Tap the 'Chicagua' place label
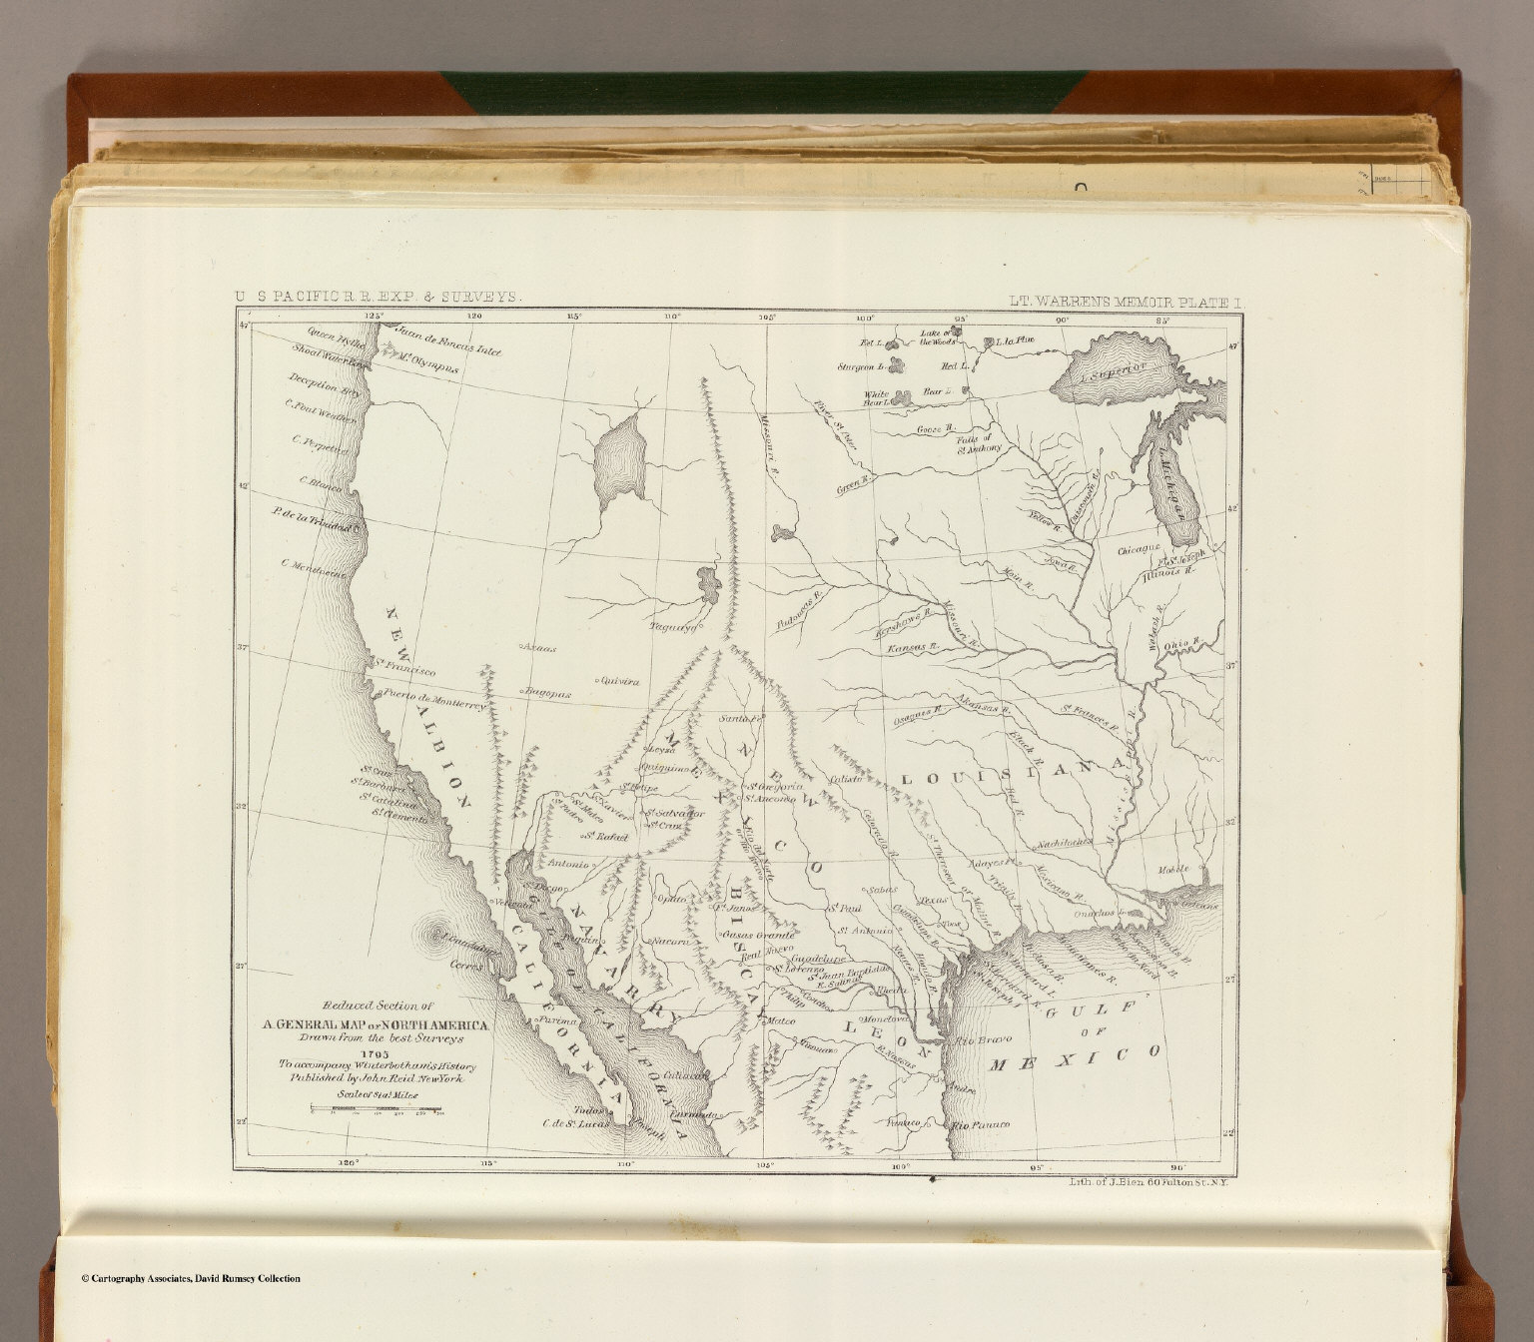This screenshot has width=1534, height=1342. (1140, 549)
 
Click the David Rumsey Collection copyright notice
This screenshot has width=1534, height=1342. (190, 1278)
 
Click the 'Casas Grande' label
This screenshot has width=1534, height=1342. (760, 935)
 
